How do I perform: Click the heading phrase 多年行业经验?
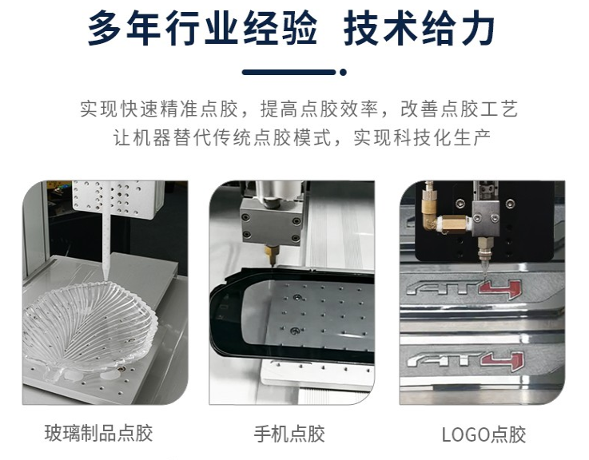(x=201, y=30)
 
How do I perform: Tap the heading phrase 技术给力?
(x=421, y=30)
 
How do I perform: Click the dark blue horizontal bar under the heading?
(x=289, y=72)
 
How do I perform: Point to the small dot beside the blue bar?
(x=343, y=72)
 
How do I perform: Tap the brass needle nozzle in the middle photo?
(x=269, y=254)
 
